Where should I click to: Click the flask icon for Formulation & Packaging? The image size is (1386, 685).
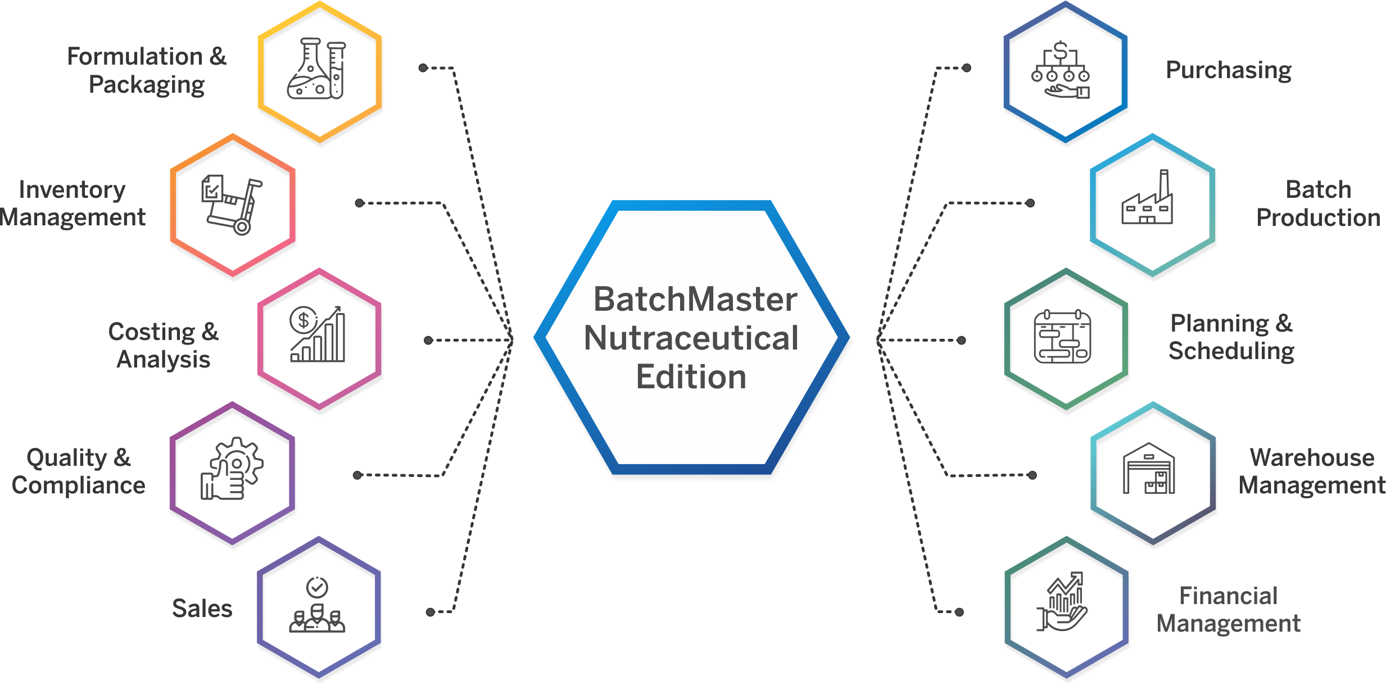[316, 69]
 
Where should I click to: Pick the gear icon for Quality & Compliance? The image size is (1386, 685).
[232, 468]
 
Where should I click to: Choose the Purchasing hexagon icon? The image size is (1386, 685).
[1061, 70]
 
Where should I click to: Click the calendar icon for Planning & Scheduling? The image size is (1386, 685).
[1062, 336]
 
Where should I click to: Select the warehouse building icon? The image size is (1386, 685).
[1149, 468]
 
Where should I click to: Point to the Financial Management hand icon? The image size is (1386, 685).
[1062, 602]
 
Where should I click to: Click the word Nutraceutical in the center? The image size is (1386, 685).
[691, 338]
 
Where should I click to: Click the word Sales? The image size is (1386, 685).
[202, 608]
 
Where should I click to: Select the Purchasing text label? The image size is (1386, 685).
[1229, 70]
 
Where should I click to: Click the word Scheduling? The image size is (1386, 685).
[1231, 351]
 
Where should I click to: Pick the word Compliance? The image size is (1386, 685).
[79, 485]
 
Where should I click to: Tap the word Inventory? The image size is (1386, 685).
[72, 190]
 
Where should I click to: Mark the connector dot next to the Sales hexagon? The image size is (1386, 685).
[430, 612]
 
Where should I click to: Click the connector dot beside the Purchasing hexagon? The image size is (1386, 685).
[967, 68]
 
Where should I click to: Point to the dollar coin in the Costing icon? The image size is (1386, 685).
[304, 320]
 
